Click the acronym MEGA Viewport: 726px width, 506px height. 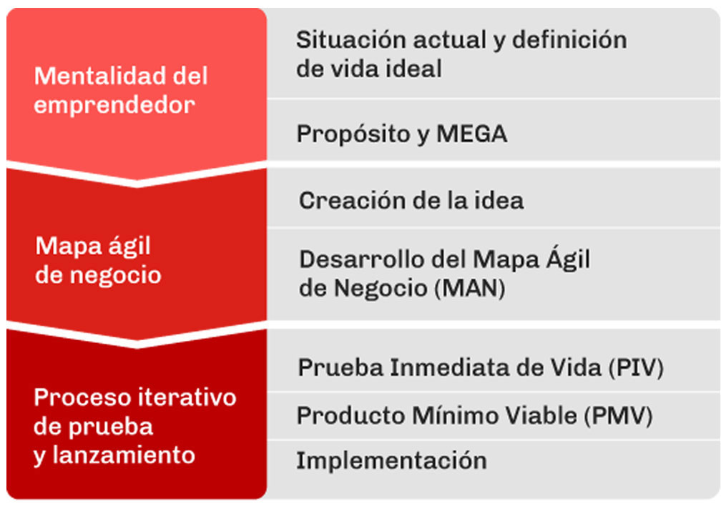(472, 134)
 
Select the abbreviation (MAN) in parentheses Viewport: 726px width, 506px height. (470, 288)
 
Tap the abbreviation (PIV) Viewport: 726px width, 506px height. (636, 367)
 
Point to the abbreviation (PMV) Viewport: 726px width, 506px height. (618, 415)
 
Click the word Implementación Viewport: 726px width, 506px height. (392, 461)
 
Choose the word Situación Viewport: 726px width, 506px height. (351, 40)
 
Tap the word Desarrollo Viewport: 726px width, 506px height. (362, 259)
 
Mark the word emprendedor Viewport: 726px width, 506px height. (114, 106)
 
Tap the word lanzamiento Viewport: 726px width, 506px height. (124, 455)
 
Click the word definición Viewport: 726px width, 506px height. (569, 40)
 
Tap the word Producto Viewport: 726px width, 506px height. (351, 415)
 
